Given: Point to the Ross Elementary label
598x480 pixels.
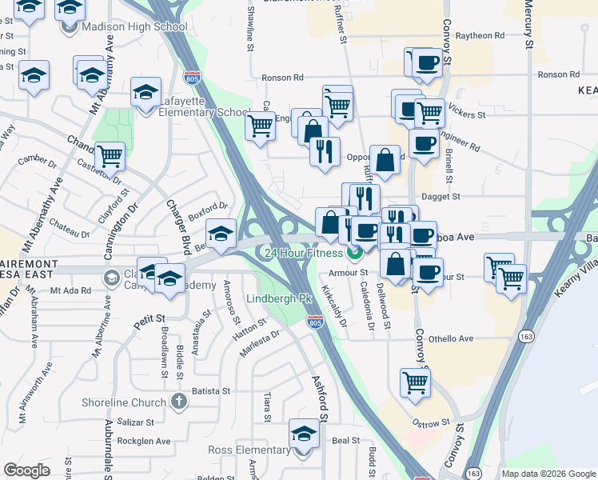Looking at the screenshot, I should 249,450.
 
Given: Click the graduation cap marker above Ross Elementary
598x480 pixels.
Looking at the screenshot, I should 304,434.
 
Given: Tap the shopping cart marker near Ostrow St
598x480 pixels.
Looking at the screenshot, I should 415,382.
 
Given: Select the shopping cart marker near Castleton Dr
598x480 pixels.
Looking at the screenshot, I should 110,156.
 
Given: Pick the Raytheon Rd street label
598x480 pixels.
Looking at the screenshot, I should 480,35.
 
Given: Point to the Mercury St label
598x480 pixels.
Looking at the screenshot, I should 528,24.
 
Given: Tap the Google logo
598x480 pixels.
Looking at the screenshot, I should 27,470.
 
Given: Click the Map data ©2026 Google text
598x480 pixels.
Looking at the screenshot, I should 548,474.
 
